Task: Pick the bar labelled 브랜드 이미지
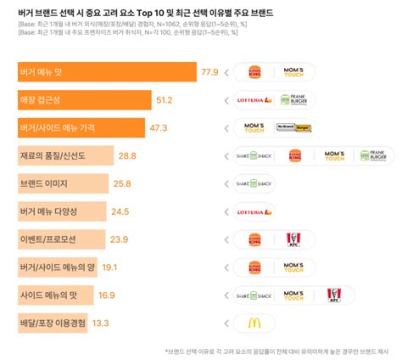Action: [64, 183]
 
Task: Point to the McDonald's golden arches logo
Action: [254, 323]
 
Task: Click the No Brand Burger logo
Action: [295, 128]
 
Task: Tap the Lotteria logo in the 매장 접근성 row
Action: [255, 100]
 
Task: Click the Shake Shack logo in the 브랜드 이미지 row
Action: [254, 183]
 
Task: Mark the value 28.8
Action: [127, 156]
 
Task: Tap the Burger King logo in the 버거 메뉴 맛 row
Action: [254, 72]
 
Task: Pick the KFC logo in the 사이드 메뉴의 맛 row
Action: [333, 295]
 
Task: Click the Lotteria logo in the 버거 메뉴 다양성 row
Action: [255, 211]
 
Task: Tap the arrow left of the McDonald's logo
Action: [226, 323]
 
